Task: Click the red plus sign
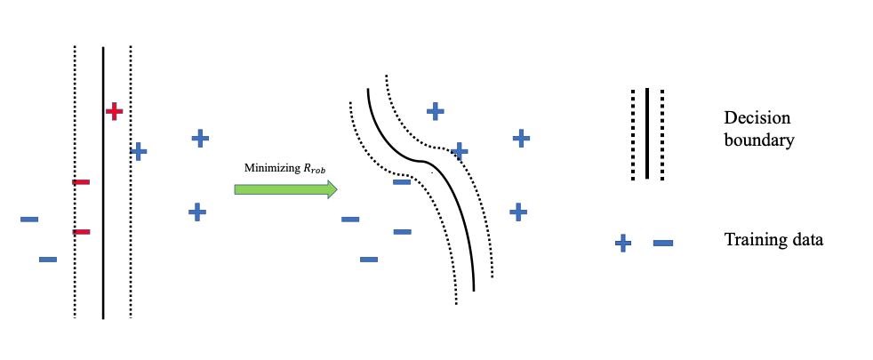tap(114, 111)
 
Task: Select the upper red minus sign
tap(81, 182)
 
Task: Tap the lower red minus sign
tap(81, 232)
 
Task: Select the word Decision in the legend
tap(757, 118)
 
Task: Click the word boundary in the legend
tap(759, 140)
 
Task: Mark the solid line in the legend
tap(647, 133)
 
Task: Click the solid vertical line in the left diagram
tap(103, 267)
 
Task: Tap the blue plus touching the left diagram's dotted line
tap(138, 151)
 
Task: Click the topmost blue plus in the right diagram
tap(435, 111)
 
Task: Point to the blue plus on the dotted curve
tap(460, 151)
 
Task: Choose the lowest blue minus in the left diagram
tap(48, 260)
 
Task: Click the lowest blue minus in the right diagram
tap(369, 260)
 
